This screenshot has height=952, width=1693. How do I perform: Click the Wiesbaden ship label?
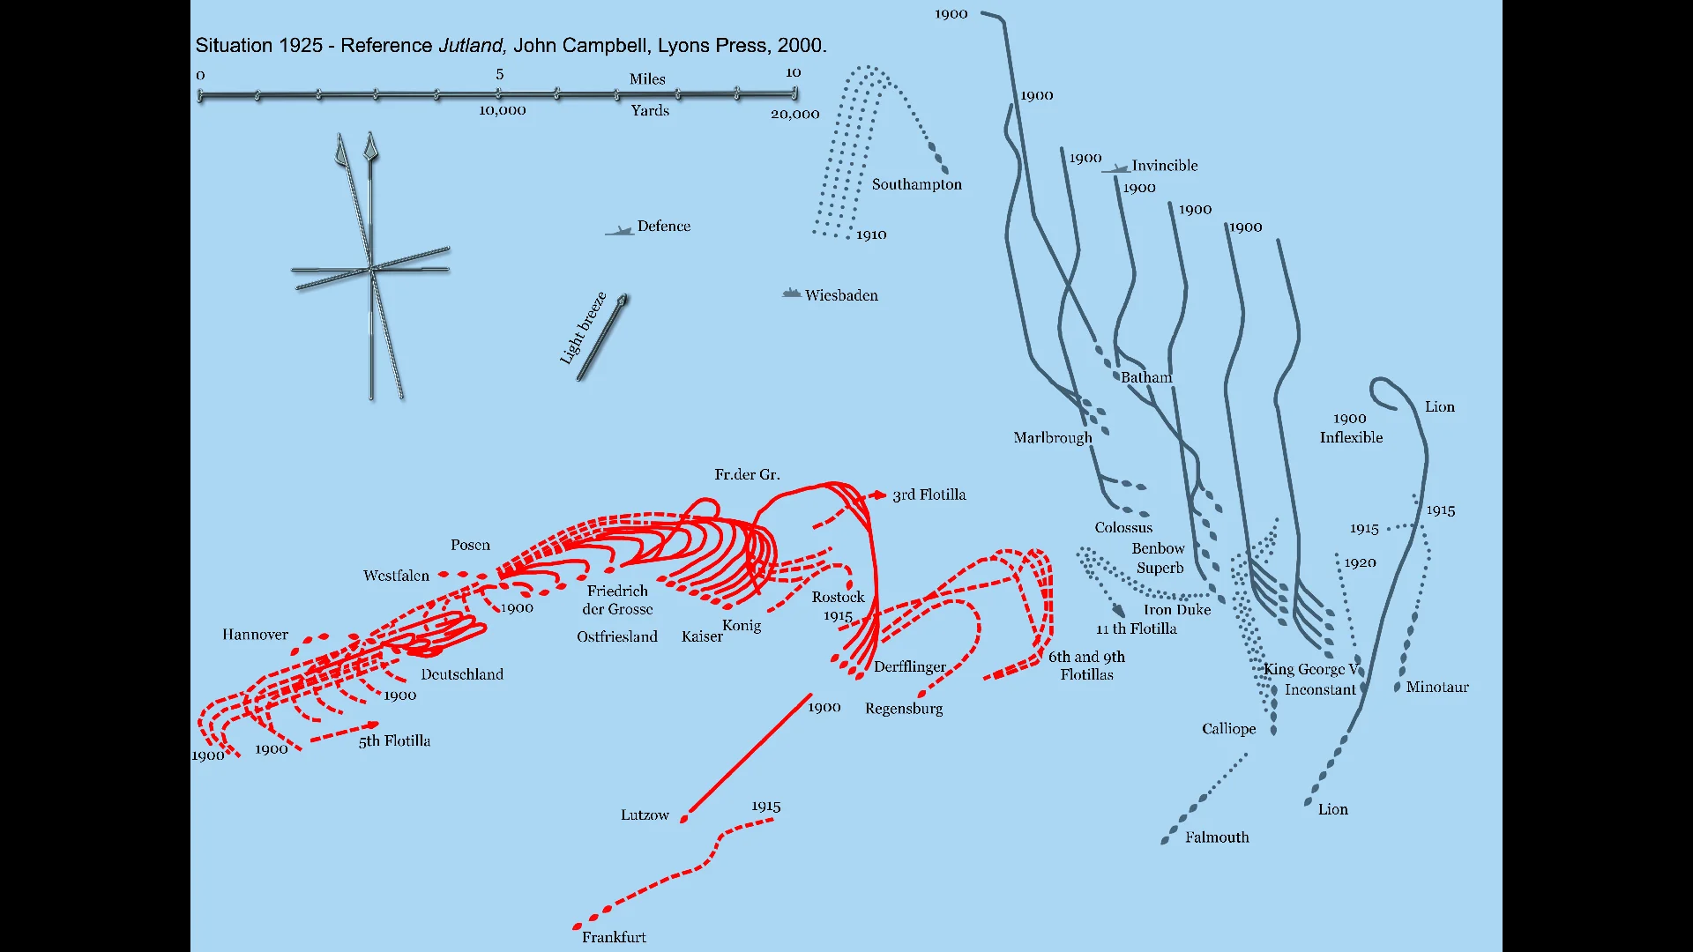841,295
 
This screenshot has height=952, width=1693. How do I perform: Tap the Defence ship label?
663,227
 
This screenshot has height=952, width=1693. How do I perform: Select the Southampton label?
916,184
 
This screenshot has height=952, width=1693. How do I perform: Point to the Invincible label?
1164,166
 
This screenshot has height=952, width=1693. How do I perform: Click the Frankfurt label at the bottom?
614,937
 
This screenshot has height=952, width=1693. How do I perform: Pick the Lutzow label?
645,815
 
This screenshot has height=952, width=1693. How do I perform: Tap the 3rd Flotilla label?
929,495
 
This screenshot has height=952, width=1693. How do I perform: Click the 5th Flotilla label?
394,741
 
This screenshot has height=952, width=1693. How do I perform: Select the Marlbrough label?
1052,438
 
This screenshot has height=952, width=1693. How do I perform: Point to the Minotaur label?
1436,688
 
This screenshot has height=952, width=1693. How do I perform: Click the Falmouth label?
1217,837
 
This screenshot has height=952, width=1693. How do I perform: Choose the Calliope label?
1228,729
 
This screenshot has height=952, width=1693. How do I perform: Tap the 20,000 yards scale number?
794,114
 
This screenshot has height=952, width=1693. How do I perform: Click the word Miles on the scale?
647,79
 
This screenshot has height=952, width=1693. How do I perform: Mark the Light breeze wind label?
583,328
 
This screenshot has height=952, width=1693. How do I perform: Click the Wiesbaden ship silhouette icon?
791,294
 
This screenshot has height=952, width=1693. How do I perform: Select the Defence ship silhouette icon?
620,231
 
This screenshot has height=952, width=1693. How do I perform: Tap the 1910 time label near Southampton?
871,234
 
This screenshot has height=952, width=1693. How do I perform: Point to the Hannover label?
255,635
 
